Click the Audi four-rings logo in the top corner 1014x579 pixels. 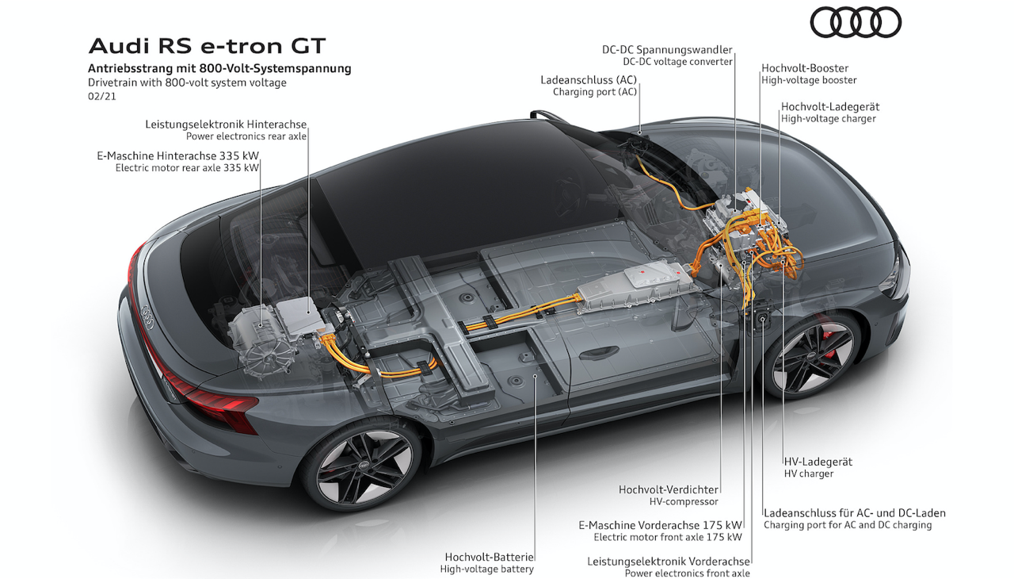[x=855, y=23]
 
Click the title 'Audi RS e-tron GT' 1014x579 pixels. [x=207, y=46]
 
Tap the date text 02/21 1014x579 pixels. [x=102, y=96]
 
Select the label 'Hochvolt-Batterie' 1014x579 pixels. [x=489, y=557]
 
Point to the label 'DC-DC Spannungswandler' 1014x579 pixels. [x=667, y=49]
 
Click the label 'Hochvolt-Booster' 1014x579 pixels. [x=805, y=68]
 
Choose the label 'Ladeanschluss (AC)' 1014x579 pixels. [x=589, y=80]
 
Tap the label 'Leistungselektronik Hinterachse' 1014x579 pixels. [x=226, y=125]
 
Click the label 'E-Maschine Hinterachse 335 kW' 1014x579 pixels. [x=178, y=155]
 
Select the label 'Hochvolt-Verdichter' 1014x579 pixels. [x=668, y=489]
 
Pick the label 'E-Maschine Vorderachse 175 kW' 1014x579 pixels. [x=661, y=525]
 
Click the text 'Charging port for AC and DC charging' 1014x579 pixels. [x=848, y=525]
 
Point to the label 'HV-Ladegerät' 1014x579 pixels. [x=818, y=462]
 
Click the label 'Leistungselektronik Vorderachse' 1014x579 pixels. [x=669, y=562]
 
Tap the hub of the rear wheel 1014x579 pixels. [x=364, y=466]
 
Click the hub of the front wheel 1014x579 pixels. [x=813, y=354]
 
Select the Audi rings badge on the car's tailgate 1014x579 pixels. [x=147, y=316]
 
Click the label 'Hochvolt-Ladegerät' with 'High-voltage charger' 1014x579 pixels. [x=829, y=113]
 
